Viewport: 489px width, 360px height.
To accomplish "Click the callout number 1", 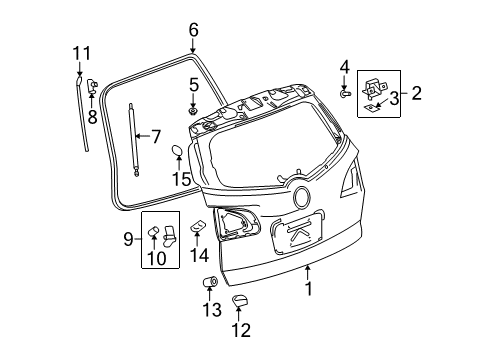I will coord(309,289).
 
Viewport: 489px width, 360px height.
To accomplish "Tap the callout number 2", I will coord(416,93).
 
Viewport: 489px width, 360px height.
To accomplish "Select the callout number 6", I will coord(193,30).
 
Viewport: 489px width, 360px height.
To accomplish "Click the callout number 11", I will coord(80,52).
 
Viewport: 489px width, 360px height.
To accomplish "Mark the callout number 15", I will coord(180,179).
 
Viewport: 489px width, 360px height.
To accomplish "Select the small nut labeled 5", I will coord(193,108).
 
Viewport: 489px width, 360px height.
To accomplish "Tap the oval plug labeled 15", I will coord(177,153).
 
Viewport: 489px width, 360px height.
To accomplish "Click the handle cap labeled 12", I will coord(240,300).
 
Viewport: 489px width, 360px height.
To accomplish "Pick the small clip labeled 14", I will coord(197,226).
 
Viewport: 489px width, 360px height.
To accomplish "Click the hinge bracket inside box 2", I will coord(376,87).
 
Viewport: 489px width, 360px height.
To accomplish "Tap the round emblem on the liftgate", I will coord(301,197).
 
